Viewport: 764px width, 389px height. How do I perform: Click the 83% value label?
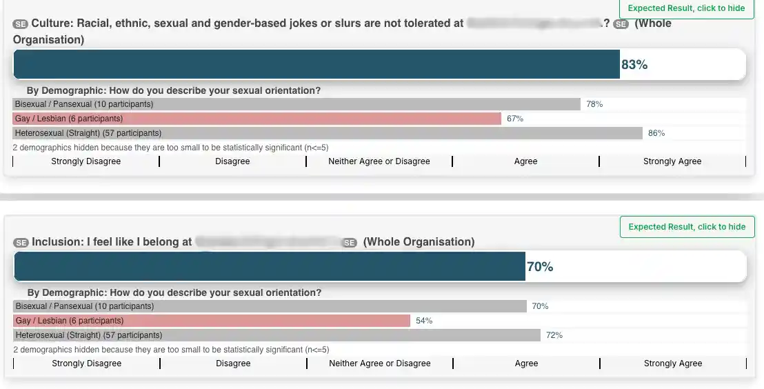click(x=634, y=65)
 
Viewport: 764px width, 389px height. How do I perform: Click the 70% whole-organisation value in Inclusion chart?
click(x=540, y=267)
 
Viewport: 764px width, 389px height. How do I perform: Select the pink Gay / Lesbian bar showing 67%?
click(x=257, y=119)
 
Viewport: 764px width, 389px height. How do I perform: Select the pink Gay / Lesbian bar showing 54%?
click(x=212, y=321)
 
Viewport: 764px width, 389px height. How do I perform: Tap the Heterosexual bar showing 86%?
click(x=328, y=133)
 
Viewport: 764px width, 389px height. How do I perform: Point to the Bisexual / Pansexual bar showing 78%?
click(x=296, y=104)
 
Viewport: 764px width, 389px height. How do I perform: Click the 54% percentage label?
click(x=424, y=321)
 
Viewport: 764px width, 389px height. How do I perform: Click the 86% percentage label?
click(x=656, y=133)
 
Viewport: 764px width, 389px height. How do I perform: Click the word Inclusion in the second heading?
click(x=56, y=242)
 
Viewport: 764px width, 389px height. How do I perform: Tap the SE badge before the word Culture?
click(x=20, y=24)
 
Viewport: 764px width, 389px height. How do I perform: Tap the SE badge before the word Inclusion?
click(x=21, y=243)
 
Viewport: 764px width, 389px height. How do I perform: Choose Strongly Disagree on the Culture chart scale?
click(x=86, y=161)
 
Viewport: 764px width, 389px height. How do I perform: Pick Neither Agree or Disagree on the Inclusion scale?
click(x=380, y=363)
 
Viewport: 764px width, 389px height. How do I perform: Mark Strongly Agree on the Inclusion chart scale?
click(x=673, y=363)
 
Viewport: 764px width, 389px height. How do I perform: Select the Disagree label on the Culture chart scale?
click(x=232, y=161)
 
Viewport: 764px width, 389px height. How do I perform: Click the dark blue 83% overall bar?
click(x=316, y=65)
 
